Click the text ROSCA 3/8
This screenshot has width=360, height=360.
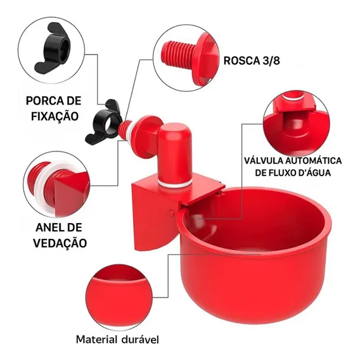click(252, 61)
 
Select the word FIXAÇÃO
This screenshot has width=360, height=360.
click(55, 116)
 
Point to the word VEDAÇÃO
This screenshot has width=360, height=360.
click(60, 243)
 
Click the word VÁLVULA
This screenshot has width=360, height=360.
click(264, 160)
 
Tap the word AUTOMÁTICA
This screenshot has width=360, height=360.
click(314, 160)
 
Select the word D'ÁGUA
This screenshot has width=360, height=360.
click(314, 172)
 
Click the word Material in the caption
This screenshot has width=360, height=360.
click(97, 339)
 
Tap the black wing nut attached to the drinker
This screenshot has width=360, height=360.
click(103, 122)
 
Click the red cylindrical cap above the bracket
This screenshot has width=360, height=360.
click(175, 153)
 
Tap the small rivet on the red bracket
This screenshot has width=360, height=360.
click(172, 212)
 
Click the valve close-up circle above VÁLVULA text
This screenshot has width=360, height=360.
click(297, 124)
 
